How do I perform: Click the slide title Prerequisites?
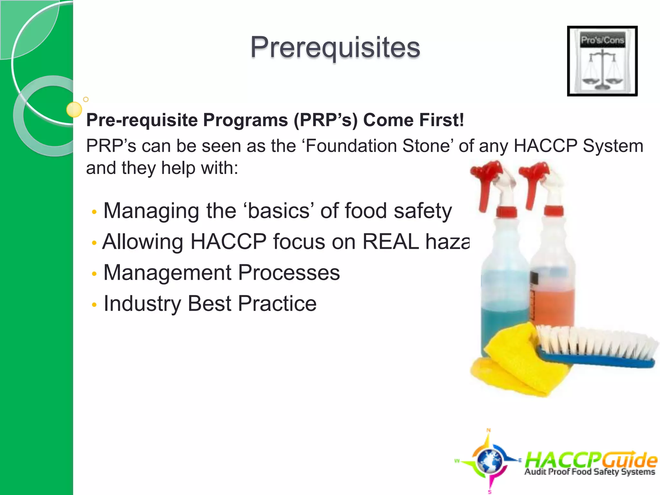pos(335,47)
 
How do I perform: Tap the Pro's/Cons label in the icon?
pos(602,40)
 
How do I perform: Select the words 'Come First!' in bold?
pos(413,120)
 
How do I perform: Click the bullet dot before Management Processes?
pos(94,274)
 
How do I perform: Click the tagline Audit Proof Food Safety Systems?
pos(590,472)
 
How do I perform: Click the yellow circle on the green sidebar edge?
pos(74,110)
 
